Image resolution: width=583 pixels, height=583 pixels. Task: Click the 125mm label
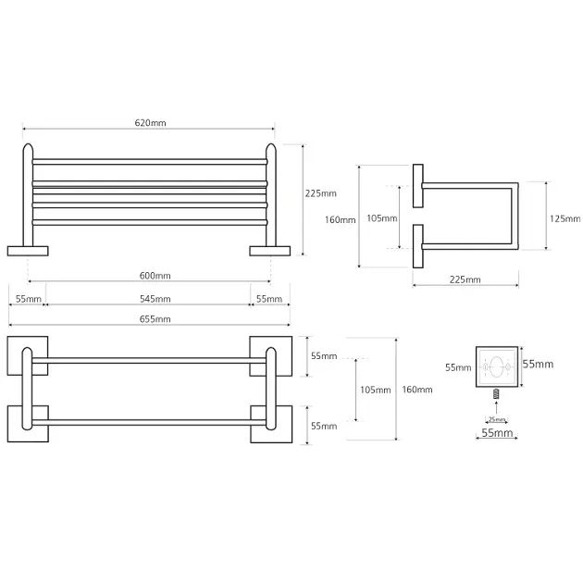pos(564,219)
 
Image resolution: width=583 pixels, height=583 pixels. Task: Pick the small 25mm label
pos(497,419)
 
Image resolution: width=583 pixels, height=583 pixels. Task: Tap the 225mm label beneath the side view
pos(465,279)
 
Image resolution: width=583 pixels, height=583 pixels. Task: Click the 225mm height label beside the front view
pos(321,193)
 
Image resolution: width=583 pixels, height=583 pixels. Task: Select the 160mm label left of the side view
pos(341,219)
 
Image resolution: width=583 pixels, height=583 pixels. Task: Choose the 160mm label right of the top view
pos(417,390)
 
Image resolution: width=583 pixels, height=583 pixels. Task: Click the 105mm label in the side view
pos(381,218)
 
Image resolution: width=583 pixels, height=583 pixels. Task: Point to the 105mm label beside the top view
pos(374,390)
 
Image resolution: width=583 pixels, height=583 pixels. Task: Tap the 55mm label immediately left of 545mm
pos(29,299)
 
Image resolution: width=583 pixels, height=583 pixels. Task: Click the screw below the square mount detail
pos(496,394)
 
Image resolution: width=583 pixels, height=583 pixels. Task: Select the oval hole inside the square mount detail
pos(497,366)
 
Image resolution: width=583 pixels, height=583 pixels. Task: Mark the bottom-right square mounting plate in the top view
pos(271,425)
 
